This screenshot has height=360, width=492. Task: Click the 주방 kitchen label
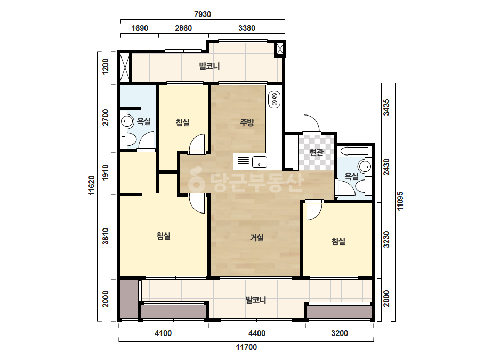(247, 122)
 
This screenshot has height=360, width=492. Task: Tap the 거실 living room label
(256, 238)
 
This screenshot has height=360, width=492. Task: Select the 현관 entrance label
(316, 152)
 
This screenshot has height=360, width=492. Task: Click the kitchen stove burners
(274, 100)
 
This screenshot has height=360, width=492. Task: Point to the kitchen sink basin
(260, 162)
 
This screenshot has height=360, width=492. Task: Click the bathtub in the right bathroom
(354, 151)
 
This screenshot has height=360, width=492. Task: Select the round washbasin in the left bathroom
(127, 121)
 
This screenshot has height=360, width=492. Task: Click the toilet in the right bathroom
(365, 185)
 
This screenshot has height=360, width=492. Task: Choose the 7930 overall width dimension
(203, 14)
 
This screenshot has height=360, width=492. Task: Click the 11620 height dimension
(92, 185)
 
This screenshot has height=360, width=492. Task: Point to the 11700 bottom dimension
(246, 347)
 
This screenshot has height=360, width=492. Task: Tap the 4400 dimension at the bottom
(257, 333)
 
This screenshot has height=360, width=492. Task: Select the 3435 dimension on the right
(386, 107)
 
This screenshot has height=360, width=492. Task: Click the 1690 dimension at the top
(140, 28)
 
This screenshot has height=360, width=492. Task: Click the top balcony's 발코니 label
(209, 67)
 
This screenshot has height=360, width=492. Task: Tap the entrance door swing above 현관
(311, 124)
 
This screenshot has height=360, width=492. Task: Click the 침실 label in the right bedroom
(338, 241)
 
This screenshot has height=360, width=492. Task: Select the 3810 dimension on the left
(106, 236)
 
